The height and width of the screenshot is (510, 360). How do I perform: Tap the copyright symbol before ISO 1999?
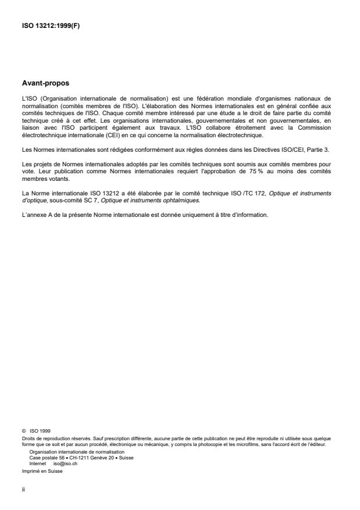(23, 431)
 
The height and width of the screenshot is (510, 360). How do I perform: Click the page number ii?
(23, 490)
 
